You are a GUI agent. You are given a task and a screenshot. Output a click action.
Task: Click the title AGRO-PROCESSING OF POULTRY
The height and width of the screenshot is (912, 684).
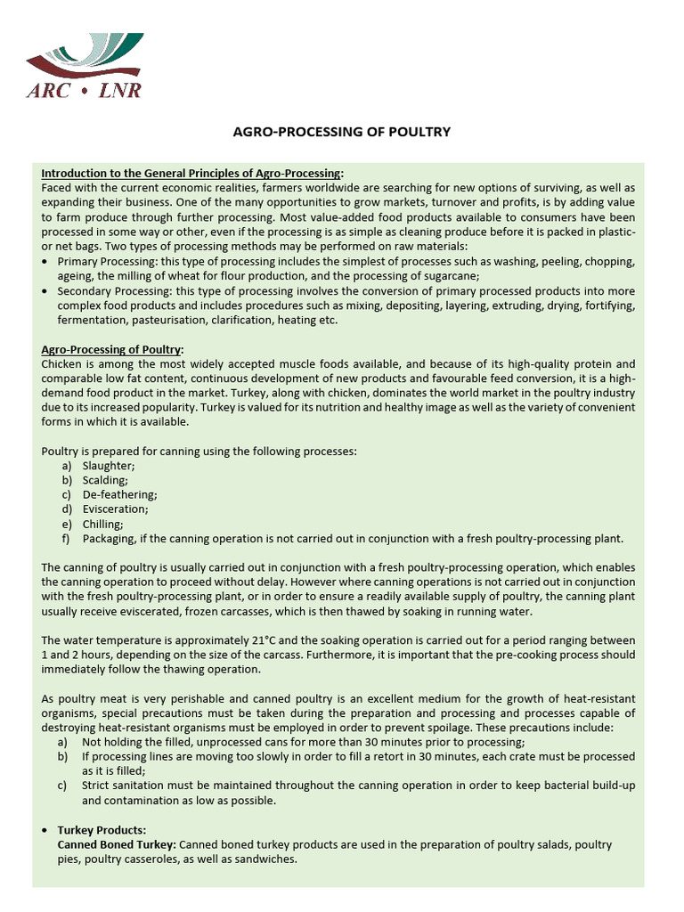point(341,132)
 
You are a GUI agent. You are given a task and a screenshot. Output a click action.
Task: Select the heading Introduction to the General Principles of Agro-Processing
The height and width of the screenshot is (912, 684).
point(191,173)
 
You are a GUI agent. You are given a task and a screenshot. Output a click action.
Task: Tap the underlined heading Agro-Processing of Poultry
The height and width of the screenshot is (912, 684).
point(112,350)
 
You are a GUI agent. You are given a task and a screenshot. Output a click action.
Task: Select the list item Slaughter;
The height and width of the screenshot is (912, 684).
point(109,466)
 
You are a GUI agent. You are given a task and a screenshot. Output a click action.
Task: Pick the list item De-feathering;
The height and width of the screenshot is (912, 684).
point(119,494)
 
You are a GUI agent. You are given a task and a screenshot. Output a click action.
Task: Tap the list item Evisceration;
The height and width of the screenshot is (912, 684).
point(115,509)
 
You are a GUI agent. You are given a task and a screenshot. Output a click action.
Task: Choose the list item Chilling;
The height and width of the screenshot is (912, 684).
point(102,524)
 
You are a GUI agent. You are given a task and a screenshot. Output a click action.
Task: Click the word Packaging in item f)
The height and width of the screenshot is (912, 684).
point(110,538)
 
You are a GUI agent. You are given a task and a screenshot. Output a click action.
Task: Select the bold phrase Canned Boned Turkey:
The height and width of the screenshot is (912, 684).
point(117,844)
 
